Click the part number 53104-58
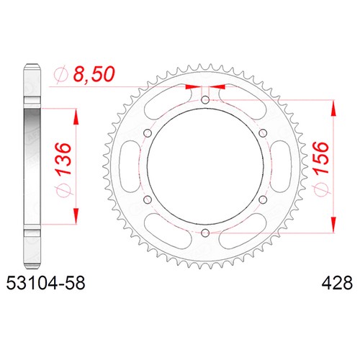[45, 283]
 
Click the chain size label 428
[337, 283]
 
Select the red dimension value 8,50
[94, 74]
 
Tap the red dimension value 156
[320, 158]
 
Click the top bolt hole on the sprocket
[205, 99]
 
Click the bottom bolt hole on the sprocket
[205, 233]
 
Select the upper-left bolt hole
[148, 132]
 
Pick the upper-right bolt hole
[263, 132]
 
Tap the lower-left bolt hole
[148, 199]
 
